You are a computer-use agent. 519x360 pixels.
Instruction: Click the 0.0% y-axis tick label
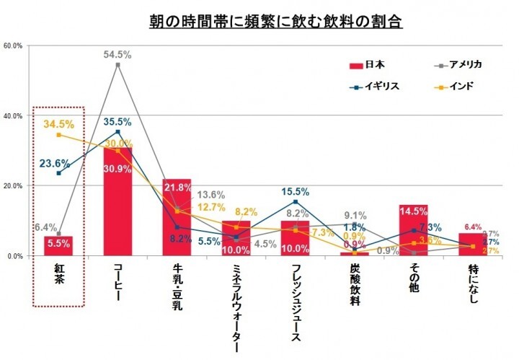point(15,256)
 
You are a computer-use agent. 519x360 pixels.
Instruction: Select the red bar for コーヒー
point(117,209)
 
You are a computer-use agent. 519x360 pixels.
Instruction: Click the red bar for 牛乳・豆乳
point(177,224)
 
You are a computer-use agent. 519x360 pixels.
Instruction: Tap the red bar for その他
point(414,231)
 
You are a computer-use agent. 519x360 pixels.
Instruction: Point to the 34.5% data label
point(58,124)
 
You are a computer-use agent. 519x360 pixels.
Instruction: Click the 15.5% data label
point(295,192)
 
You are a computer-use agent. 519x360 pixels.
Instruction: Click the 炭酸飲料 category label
point(355,285)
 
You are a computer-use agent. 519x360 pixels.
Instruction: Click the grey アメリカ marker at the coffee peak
point(117,65)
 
